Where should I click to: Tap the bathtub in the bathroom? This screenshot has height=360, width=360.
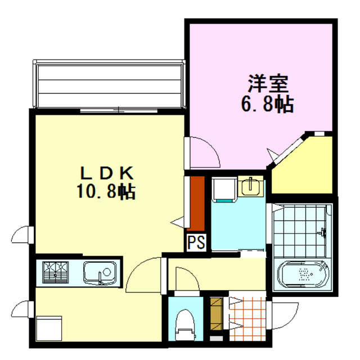click(303, 274)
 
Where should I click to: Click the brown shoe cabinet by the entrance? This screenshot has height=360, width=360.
click(216, 315)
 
